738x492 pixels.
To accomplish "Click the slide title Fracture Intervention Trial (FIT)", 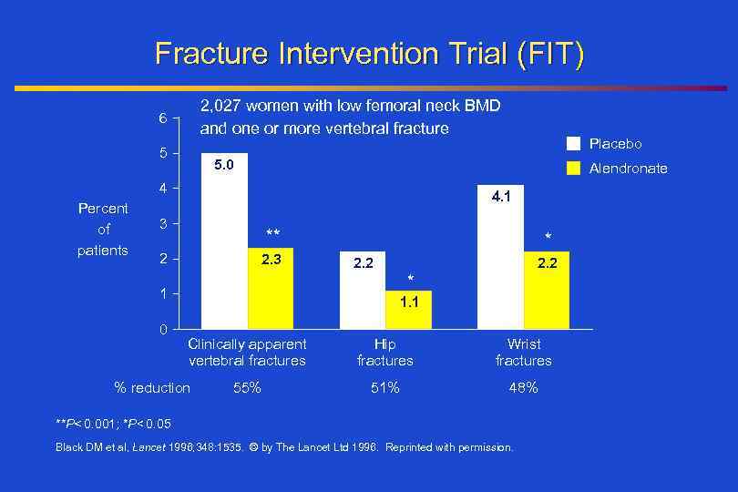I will [x=369, y=53].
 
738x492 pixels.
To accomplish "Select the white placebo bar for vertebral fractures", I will [x=224, y=241].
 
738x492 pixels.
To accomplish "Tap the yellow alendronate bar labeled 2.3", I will [x=271, y=288].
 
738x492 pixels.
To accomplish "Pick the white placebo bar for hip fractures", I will [x=363, y=290].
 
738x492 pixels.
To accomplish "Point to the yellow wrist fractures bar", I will [x=547, y=290].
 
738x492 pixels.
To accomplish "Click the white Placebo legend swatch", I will [x=573, y=144].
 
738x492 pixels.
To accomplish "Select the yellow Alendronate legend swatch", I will [x=573, y=169].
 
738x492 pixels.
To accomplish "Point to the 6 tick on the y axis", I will [x=162, y=119].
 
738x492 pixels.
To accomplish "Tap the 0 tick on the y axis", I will [x=162, y=329].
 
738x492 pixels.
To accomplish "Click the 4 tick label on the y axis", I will [x=162, y=189].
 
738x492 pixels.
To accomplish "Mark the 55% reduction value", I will [x=247, y=388].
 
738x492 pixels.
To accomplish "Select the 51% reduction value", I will [x=384, y=388].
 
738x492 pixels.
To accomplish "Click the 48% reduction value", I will [x=523, y=388].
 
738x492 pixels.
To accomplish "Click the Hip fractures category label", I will [x=384, y=353].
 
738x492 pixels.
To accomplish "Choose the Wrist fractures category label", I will [x=523, y=353].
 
